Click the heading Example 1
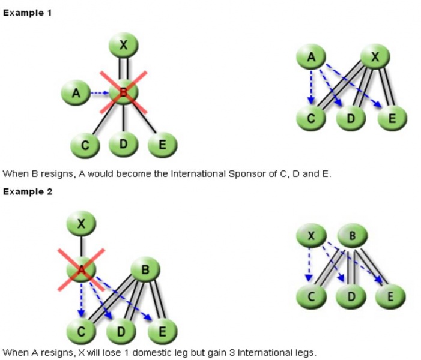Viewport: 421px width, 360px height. (27, 13)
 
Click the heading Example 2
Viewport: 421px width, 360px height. (27, 191)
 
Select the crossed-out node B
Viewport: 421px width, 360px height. (123, 92)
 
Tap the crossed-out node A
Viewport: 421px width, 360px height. (80, 271)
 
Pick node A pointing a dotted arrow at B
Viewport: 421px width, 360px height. (76, 93)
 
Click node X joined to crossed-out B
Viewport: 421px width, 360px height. (123, 45)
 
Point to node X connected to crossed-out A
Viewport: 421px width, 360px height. (80, 224)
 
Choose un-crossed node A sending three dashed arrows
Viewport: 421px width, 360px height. (311, 57)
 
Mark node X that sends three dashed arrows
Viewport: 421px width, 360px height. (311, 236)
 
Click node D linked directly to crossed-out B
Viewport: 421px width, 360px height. (123, 145)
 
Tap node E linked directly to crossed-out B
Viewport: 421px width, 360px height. (161, 145)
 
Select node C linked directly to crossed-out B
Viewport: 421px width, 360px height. (85, 145)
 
